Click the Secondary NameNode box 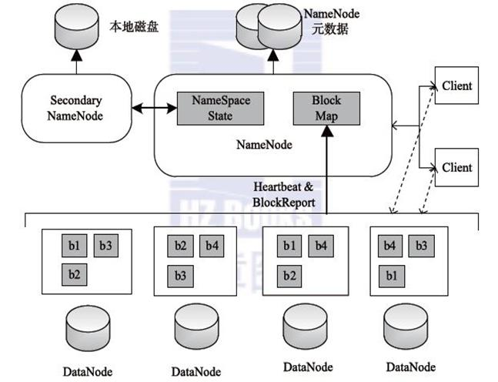click(75, 109)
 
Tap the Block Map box click(320, 109)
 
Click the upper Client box click(456, 86)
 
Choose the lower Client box click(456, 167)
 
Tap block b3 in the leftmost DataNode click(105, 246)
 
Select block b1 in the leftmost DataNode click(74, 246)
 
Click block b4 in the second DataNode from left click(212, 246)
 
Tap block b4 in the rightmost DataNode click(390, 246)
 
